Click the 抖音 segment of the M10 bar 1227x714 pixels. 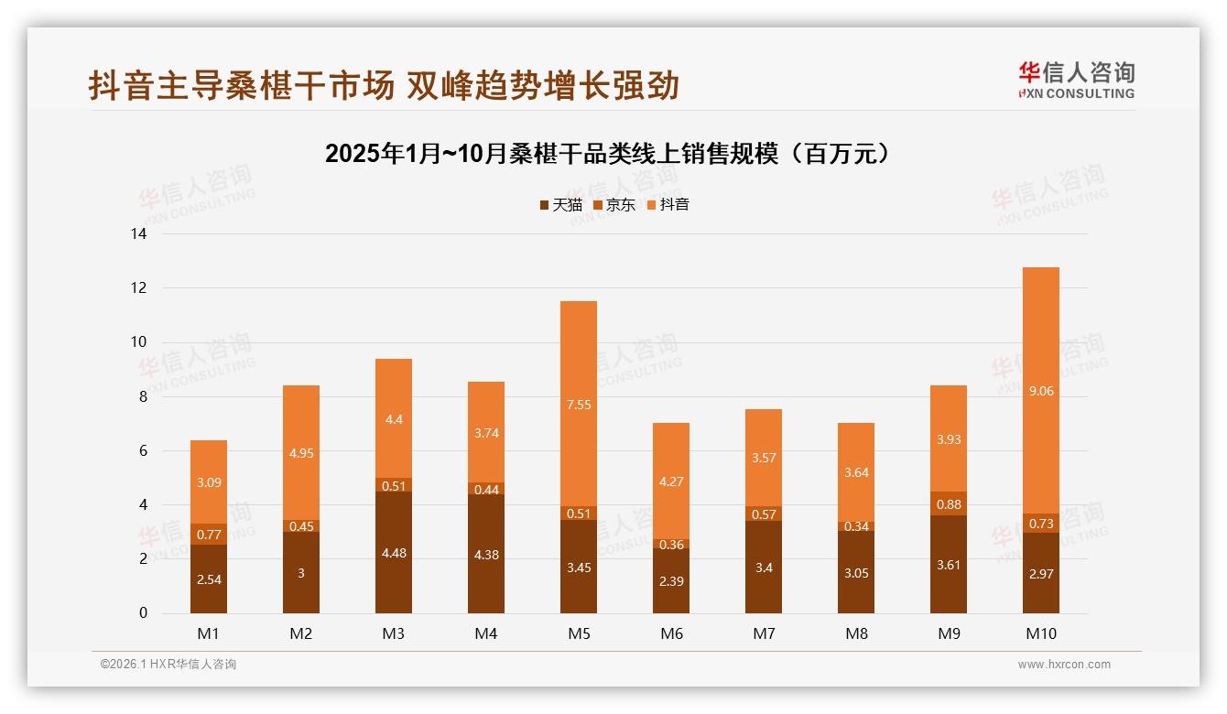click(1040, 390)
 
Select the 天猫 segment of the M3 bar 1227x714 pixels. click(394, 552)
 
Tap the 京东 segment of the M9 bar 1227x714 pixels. click(948, 503)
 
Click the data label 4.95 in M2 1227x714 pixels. click(301, 452)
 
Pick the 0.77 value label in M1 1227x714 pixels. click(209, 535)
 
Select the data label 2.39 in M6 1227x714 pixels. click(671, 580)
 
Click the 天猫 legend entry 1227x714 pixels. click(560, 205)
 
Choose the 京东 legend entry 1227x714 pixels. click(613, 205)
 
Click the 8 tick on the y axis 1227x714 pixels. click(142, 396)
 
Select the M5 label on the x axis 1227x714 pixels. click(579, 633)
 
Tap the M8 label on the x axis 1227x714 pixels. click(855, 633)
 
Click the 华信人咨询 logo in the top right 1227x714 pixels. click(1076, 80)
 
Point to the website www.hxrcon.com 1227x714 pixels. click(1063, 665)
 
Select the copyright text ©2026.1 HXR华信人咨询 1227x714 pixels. click(168, 665)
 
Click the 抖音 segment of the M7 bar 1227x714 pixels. click(764, 458)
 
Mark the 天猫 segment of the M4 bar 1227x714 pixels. click(486, 554)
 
